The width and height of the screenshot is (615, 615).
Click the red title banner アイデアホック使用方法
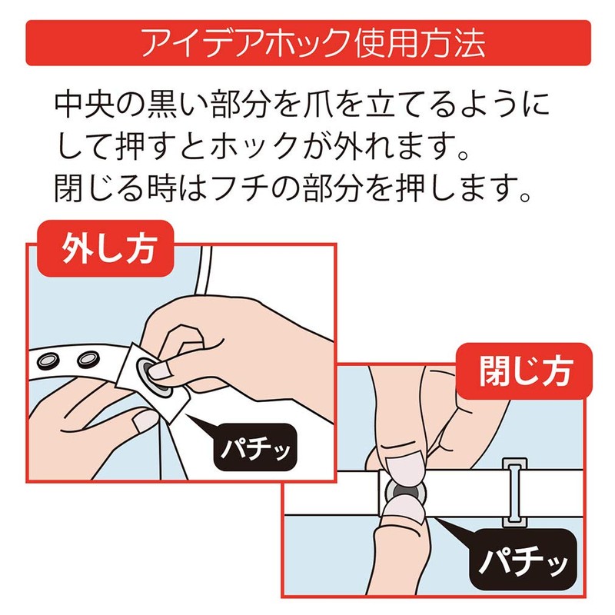pos(307,43)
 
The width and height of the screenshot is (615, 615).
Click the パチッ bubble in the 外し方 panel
pos(254,444)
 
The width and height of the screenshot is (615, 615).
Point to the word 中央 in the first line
pos(82,105)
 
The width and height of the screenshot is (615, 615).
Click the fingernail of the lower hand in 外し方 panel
pos(144,421)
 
